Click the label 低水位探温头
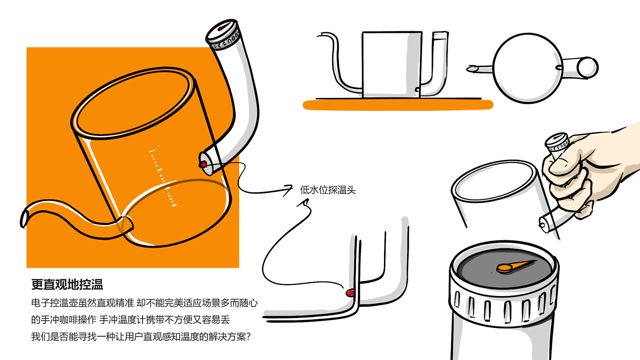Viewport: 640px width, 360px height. click(x=327, y=190)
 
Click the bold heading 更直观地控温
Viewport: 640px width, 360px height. click(x=67, y=285)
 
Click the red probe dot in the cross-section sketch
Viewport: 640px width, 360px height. click(x=351, y=292)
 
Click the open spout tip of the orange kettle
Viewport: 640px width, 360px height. click(x=24, y=217)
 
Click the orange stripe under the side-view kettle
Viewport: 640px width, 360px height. click(x=398, y=105)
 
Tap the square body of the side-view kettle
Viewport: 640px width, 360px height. click(x=391, y=64)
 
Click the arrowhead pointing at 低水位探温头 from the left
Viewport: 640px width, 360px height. click(x=289, y=187)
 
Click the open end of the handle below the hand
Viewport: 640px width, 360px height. click(x=543, y=223)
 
